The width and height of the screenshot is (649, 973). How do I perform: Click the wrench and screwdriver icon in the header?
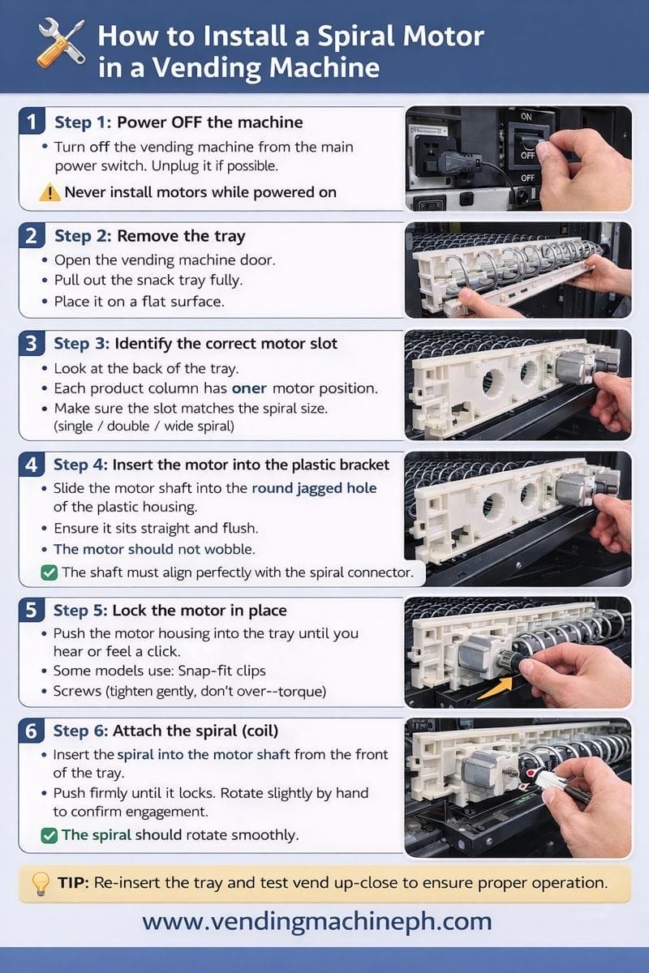[x=61, y=43]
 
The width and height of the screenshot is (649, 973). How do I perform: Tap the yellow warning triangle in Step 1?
[x=49, y=192]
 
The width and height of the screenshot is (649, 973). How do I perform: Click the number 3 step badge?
[x=32, y=344]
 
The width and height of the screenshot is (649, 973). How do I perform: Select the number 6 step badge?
[x=32, y=731]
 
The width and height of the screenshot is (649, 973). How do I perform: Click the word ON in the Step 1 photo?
[x=527, y=117]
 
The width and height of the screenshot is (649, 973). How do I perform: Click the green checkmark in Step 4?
[x=49, y=572]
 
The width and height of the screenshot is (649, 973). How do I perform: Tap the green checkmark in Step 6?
[x=49, y=835]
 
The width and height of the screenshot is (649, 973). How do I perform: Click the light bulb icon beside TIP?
[x=41, y=883]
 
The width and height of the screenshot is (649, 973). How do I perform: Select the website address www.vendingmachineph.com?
[x=317, y=920]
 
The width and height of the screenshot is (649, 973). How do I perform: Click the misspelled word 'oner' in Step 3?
[x=249, y=388]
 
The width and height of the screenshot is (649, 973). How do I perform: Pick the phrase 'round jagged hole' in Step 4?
[x=314, y=488]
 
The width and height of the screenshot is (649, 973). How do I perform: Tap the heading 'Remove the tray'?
[x=181, y=236]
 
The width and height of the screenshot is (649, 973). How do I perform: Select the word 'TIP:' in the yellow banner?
[x=74, y=883]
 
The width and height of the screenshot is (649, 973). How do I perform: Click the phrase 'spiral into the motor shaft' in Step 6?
[x=204, y=754]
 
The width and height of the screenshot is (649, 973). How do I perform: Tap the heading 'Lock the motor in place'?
[x=200, y=611]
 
